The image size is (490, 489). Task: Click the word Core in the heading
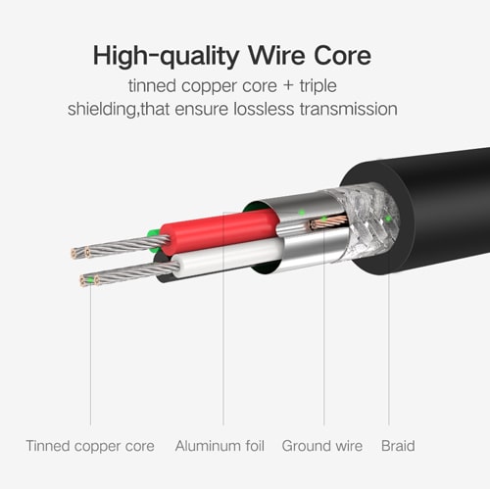coord(342,56)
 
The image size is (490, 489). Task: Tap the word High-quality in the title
coord(167,57)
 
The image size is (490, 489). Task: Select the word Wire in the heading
coord(276,55)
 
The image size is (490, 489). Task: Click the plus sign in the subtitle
coord(288,86)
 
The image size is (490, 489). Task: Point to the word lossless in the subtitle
coord(264,109)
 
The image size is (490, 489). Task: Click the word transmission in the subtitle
coord(349,109)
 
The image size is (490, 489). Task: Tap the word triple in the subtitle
coord(318,86)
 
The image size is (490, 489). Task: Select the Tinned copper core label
coord(90,446)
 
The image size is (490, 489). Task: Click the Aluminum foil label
coord(220,446)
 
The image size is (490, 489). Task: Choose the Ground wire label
coord(322,446)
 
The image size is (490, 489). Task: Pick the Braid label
coord(398,446)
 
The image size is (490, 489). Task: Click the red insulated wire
coord(219,230)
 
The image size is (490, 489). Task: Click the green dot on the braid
coord(387,219)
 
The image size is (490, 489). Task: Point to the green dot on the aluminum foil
coord(302,213)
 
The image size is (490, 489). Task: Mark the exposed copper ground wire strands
coord(328,222)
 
